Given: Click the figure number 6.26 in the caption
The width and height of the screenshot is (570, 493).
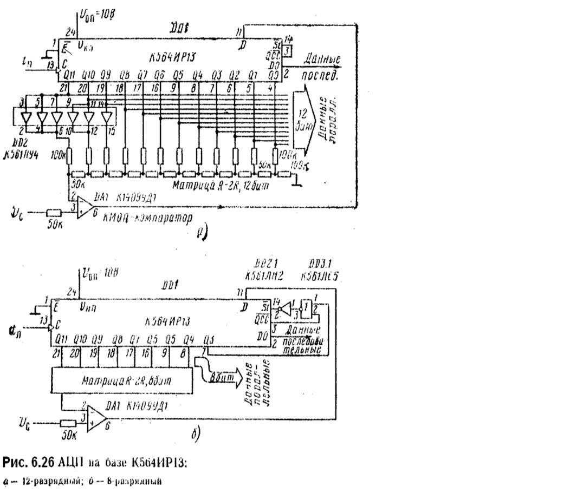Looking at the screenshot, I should [x=46, y=463].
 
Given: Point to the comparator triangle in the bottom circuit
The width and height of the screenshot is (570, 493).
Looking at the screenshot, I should [x=96, y=418].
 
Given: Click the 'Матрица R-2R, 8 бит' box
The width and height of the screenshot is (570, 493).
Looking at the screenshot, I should [x=121, y=381].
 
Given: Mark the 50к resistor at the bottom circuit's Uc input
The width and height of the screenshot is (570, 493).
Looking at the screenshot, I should [x=68, y=423].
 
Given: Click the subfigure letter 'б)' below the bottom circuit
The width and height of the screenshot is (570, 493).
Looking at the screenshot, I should [x=197, y=434].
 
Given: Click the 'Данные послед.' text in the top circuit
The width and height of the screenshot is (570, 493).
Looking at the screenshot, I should [x=322, y=67].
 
